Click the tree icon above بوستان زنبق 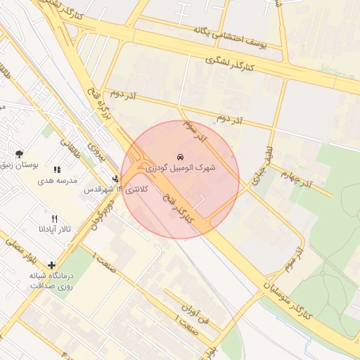(19, 154)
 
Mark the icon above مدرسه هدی (57, 169)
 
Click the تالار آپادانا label (55, 230)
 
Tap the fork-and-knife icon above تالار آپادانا (55, 219)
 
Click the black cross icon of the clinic (51, 264)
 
